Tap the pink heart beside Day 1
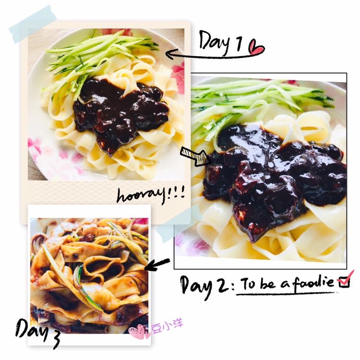(x=257, y=47)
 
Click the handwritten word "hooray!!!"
(x=151, y=195)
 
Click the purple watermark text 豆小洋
(x=168, y=326)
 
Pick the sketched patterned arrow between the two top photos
(x=196, y=156)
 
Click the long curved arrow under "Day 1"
(x=211, y=55)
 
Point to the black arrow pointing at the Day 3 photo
(x=157, y=264)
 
